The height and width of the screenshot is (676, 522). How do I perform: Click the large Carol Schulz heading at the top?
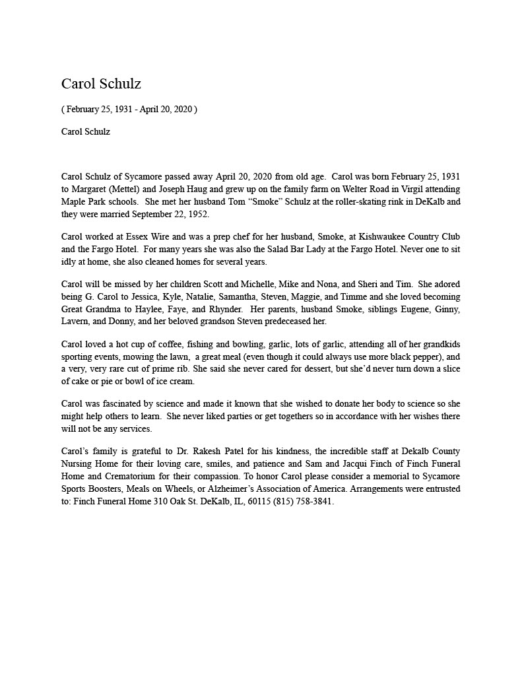101,84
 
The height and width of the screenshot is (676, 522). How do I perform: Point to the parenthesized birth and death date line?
129,109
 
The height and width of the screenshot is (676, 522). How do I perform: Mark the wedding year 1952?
197,214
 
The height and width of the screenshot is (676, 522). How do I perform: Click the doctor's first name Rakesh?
198,452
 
